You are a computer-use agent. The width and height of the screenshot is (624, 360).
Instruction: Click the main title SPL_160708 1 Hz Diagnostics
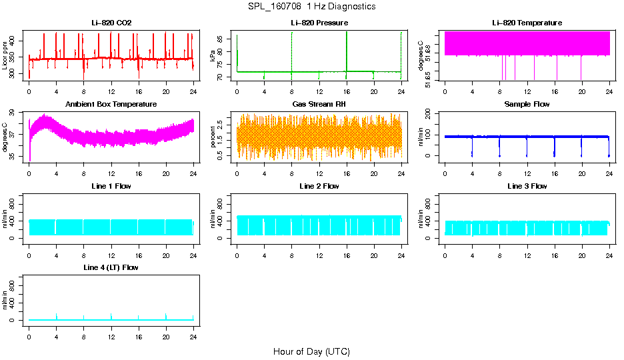click(x=311, y=7)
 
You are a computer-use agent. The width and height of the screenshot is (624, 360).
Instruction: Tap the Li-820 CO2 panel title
click(x=111, y=23)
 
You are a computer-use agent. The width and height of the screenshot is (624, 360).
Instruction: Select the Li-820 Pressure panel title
click(x=319, y=23)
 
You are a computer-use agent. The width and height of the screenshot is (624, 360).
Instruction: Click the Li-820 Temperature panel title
click(x=527, y=23)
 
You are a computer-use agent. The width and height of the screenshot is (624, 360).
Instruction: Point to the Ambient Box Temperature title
click(x=111, y=105)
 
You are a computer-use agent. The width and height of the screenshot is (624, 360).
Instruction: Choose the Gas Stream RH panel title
click(x=319, y=105)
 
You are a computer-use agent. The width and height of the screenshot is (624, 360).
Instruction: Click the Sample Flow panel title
click(x=527, y=105)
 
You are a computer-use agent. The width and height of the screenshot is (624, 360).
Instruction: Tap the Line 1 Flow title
click(x=111, y=186)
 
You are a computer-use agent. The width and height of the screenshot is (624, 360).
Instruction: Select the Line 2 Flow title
click(x=319, y=186)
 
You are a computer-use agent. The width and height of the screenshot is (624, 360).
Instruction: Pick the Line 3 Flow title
click(x=527, y=186)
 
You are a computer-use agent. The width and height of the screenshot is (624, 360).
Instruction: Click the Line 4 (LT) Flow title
click(x=111, y=267)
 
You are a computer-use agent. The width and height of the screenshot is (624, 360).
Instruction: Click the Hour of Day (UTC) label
click(x=311, y=351)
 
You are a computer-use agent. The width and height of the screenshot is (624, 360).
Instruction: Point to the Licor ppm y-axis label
click(x=5, y=55)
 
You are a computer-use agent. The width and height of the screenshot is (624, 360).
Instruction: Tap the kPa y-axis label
click(x=213, y=55)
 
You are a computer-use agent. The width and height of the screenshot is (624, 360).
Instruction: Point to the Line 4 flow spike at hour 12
click(x=111, y=315)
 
